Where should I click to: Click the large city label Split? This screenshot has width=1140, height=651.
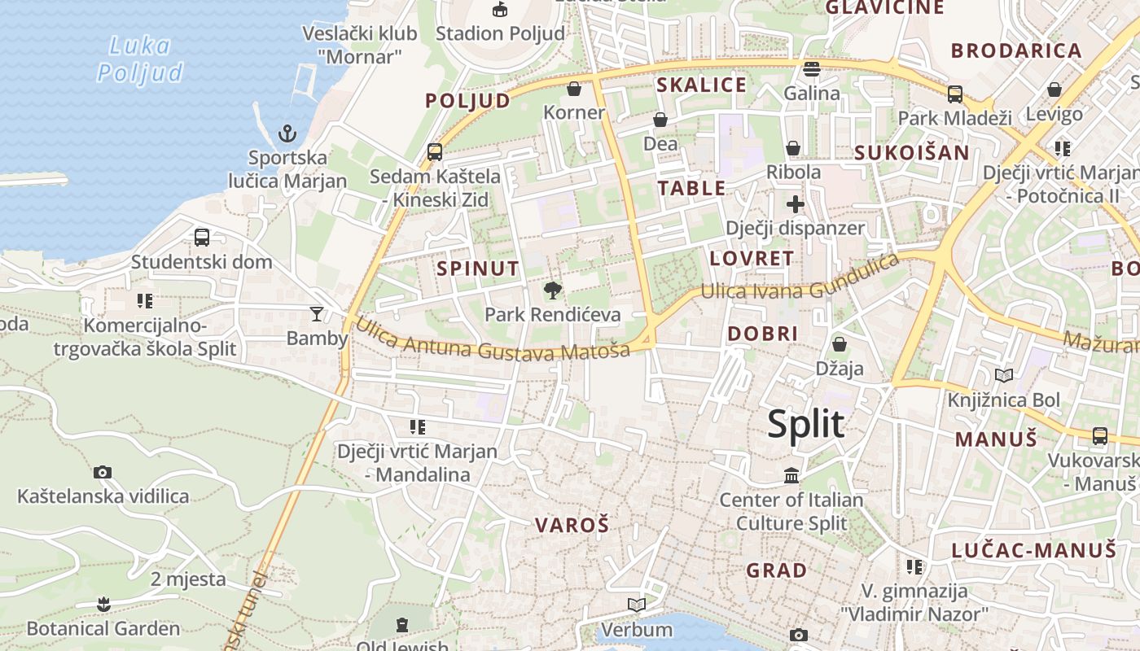tap(806, 425)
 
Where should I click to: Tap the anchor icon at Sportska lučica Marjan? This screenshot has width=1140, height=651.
tap(287, 133)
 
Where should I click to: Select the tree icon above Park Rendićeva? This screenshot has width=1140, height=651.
tap(553, 290)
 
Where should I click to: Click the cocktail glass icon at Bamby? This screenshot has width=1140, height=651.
tap(317, 313)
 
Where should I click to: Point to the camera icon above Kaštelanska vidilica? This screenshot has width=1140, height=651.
tap(103, 472)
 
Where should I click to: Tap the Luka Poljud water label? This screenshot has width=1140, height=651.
tap(140, 59)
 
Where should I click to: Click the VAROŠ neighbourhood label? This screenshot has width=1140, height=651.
tap(572, 525)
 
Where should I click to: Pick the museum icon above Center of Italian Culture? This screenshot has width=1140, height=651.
tap(791, 474)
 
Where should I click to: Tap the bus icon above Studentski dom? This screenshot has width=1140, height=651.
tap(202, 238)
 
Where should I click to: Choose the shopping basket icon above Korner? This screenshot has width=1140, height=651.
tap(574, 89)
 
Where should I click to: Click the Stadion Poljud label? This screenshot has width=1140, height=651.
tap(500, 33)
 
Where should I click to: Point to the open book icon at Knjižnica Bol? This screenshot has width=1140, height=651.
tap(1004, 375)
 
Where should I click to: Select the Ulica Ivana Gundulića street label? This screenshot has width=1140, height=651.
tap(800, 281)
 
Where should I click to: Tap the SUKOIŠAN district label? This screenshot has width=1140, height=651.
tap(911, 153)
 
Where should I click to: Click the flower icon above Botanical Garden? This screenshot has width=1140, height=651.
tap(103, 604)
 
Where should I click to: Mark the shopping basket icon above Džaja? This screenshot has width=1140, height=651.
tap(839, 344)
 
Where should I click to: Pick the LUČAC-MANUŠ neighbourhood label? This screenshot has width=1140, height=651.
tap(1034, 550)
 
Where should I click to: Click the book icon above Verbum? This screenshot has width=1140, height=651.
tap(637, 605)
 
